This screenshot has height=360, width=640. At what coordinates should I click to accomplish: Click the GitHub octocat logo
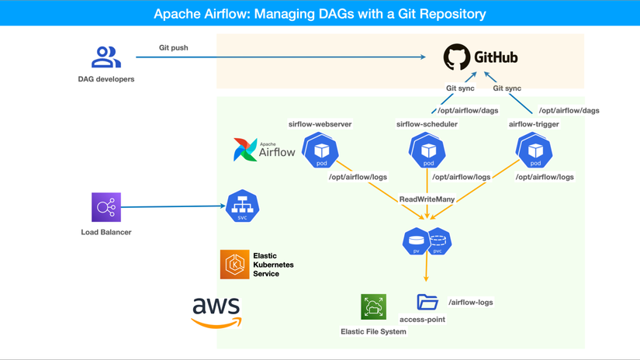pyautogui.click(x=457, y=57)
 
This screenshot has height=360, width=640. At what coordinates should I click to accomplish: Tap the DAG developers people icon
pyautogui.click(x=106, y=57)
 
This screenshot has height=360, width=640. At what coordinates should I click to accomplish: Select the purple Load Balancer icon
pyautogui.click(x=106, y=207)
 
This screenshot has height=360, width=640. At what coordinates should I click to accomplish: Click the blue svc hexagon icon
pyautogui.click(x=243, y=206)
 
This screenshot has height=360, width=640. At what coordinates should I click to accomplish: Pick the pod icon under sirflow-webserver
pyautogui.click(x=320, y=151)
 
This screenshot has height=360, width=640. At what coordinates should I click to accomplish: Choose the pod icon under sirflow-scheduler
pyautogui.click(x=427, y=151)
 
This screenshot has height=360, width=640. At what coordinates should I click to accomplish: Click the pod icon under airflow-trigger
pyautogui.click(x=534, y=151)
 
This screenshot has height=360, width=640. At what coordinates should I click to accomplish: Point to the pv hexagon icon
pyautogui.click(x=416, y=241)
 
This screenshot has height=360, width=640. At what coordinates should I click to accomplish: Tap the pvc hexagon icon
pyautogui.click(x=439, y=241)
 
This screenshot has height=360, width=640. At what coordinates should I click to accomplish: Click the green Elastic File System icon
pyautogui.click(x=373, y=306)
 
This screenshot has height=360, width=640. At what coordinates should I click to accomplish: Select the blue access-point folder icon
pyautogui.click(x=427, y=302)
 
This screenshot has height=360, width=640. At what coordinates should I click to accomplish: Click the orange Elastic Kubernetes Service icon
pyautogui.click(x=235, y=265)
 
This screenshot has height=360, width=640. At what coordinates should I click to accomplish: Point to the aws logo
pyautogui.click(x=216, y=313)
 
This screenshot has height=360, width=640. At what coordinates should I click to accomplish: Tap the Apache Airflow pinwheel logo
pyautogui.click(x=245, y=150)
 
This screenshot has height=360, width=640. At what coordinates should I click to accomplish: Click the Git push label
pyautogui.click(x=174, y=48)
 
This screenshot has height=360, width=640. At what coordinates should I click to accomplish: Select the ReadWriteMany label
pyautogui.click(x=427, y=199)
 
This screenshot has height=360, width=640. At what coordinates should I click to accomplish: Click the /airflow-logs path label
pyautogui.click(x=471, y=303)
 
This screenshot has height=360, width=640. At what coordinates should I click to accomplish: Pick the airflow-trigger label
pyautogui.click(x=534, y=124)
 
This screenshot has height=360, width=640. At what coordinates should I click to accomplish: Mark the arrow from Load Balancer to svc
pyautogui.click(x=173, y=206)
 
